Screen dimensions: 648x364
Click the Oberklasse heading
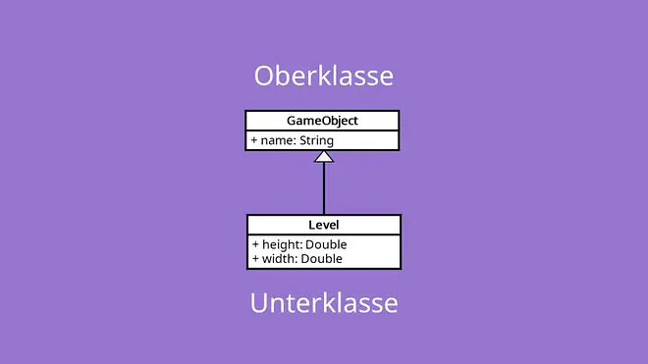point(324,76)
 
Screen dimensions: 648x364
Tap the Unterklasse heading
point(324,303)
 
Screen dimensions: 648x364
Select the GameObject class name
point(322,121)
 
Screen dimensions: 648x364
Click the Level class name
point(324,225)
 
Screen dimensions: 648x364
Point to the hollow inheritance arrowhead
point(324,157)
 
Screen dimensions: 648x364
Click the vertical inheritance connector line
point(324,188)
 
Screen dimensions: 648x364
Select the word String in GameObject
point(316,141)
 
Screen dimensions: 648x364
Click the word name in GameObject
point(277,141)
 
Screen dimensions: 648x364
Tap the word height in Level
point(282,244)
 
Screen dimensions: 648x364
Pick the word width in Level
point(280,259)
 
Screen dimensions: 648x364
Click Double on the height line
point(326,244)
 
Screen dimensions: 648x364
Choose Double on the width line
point(322,259)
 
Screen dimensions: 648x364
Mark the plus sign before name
point(254,140)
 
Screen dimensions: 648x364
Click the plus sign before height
point(255,244)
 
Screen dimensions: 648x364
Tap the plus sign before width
point(255,259)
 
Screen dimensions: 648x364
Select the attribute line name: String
point(293,141)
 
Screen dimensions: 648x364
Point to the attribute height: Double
point(299,244)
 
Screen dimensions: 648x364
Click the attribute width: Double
point(297,259)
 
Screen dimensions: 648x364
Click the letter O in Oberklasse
point(264,76)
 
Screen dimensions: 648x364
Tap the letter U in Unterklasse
point(258,303)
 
